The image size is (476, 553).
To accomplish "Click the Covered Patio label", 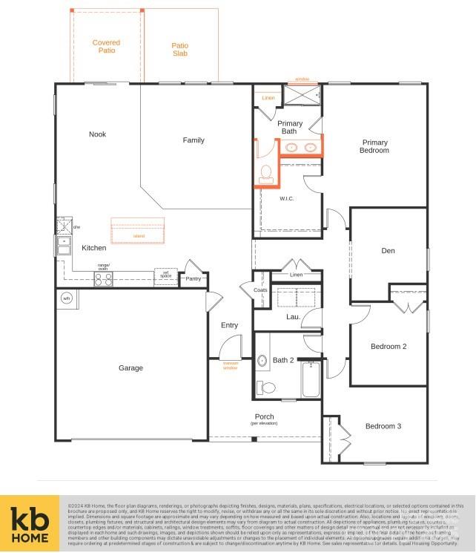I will point(106,47).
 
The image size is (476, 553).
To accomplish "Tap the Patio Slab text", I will point(180,50).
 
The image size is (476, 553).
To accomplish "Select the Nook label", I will point(97,134).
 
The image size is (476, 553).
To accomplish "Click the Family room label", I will point(194,140).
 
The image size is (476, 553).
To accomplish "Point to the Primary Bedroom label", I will point(374,146).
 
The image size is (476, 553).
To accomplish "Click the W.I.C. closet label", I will point(288,199).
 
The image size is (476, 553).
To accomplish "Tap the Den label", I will point(388,251).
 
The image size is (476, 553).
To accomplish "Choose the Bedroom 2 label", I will point(389,346).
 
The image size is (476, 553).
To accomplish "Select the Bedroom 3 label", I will point(383,426).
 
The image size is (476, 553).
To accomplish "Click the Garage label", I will point(131,368).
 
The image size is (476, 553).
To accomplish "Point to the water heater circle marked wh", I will point(66,298).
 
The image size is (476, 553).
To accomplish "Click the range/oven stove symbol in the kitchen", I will point(104,279).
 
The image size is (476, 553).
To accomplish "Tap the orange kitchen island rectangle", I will point(138,231).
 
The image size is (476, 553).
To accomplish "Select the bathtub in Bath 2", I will point(311,379).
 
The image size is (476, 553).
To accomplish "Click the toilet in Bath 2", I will point(265,387).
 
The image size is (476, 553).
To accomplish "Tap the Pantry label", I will point(194,279).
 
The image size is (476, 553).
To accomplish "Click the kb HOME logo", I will point(29,524).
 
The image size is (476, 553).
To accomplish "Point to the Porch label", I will point(265,417).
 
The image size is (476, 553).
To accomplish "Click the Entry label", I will point(230,325).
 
